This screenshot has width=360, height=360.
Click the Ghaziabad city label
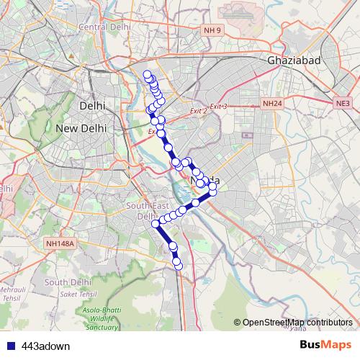(x=293, y=61)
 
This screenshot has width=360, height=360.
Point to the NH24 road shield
(x=271, y=104)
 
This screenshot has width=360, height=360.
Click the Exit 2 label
(x=198, y=111)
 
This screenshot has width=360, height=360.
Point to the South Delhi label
(x=66, y=282)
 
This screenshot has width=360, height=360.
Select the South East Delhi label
(x=141, y=211)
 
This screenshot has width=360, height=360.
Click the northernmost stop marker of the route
(x=148, y=75)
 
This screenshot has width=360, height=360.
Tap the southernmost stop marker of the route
(x=179, y=268)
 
